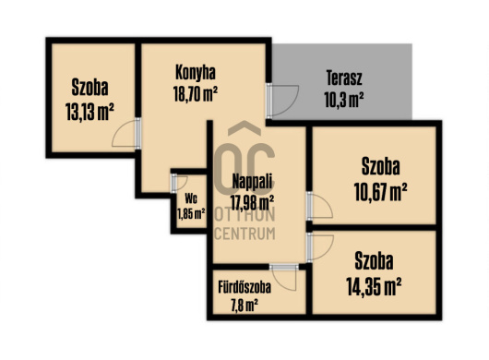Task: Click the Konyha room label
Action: (x=196, y=72)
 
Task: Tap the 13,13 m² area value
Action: (x=89, y=112)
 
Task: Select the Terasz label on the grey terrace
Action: (x=344, y=78)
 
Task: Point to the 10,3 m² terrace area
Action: (x=343, y=100)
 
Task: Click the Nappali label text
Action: (x=252, y=182)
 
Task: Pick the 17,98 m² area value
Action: (x=252, y=202)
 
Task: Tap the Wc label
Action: (x=191, y=198)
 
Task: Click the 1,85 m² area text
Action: (x=191, y=214)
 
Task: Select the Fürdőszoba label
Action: (x=244, y=287)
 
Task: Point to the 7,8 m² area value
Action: (x=244, y=306)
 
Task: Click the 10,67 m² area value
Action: (x=380, y=192)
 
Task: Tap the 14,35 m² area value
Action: (x=374, y=287)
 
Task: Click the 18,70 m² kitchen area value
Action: (x=196, y=93)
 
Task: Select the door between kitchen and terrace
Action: (x=282, y=101)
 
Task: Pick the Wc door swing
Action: (x=179, y=183)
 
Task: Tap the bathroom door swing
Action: (x=284, y=277)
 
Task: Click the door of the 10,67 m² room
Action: (x=319, y=206)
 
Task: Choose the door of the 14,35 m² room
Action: (x=320, y=247)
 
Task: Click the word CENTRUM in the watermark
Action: (x=244, y=234)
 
